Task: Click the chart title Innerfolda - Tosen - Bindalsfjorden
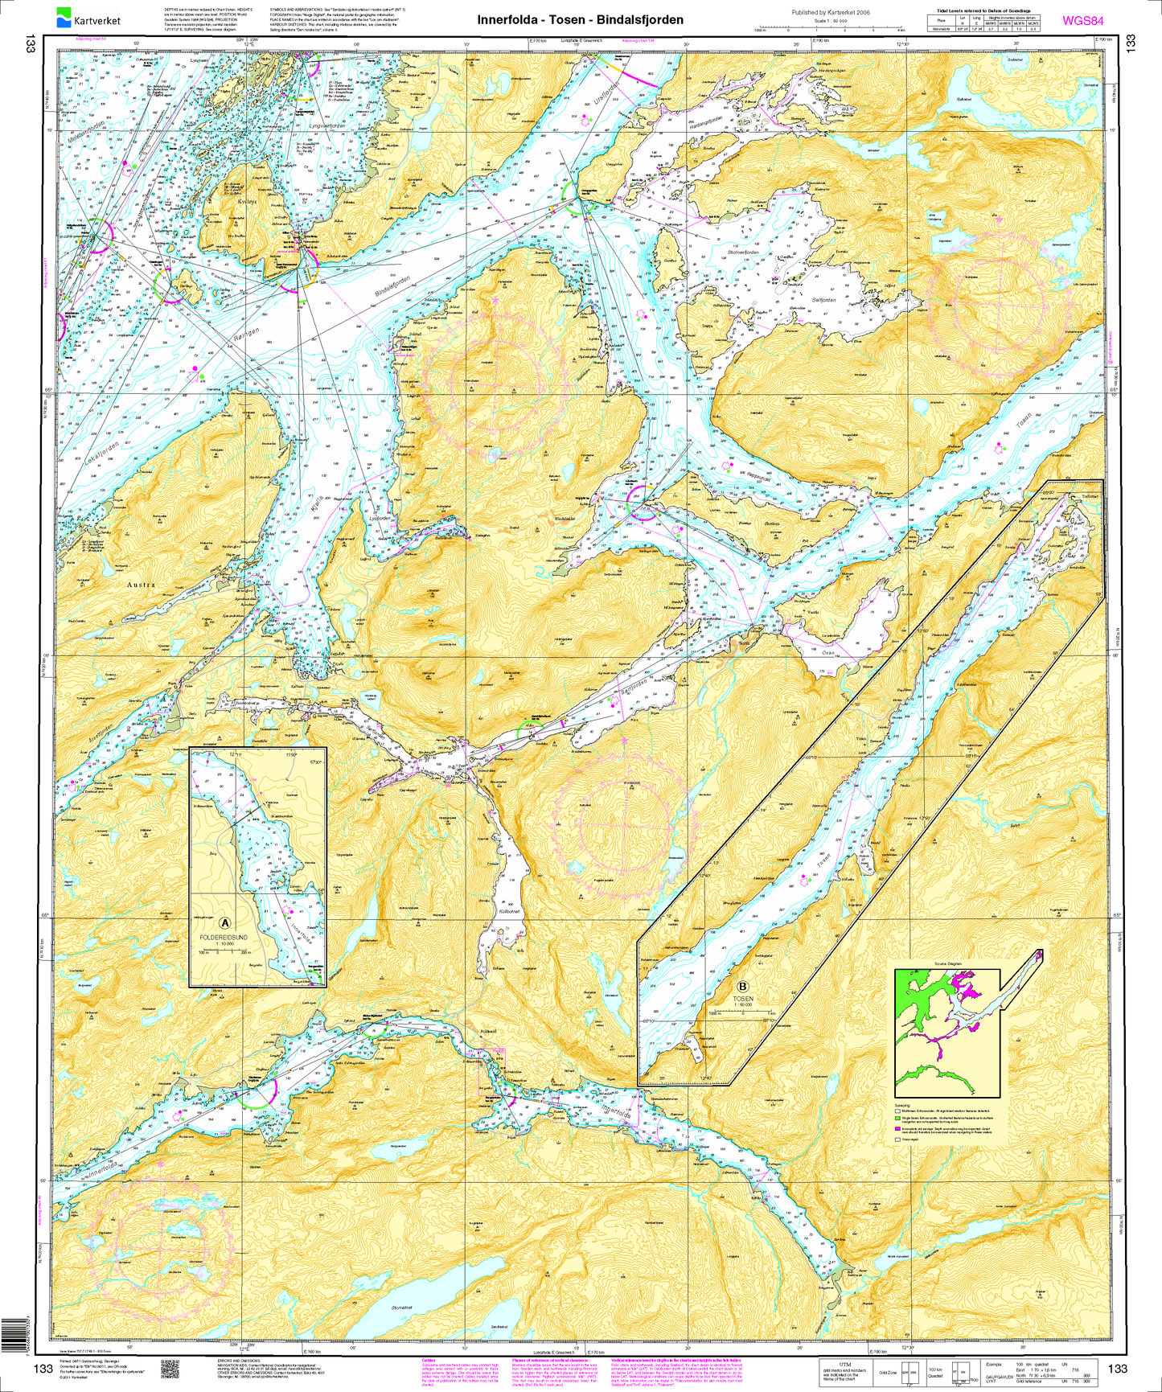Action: point(580,20)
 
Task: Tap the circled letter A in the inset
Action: point(225,923)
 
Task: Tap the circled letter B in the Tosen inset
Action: point(742,987)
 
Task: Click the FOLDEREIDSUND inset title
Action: point(225,937)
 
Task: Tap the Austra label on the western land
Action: point(141,585)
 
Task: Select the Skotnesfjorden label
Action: point(742,253)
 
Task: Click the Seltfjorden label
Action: point(823,300)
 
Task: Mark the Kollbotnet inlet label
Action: point(511,911)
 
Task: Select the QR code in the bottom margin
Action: point(169,1368)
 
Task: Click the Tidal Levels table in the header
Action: point(983,22)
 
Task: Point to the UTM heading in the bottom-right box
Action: point(844,1364)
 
